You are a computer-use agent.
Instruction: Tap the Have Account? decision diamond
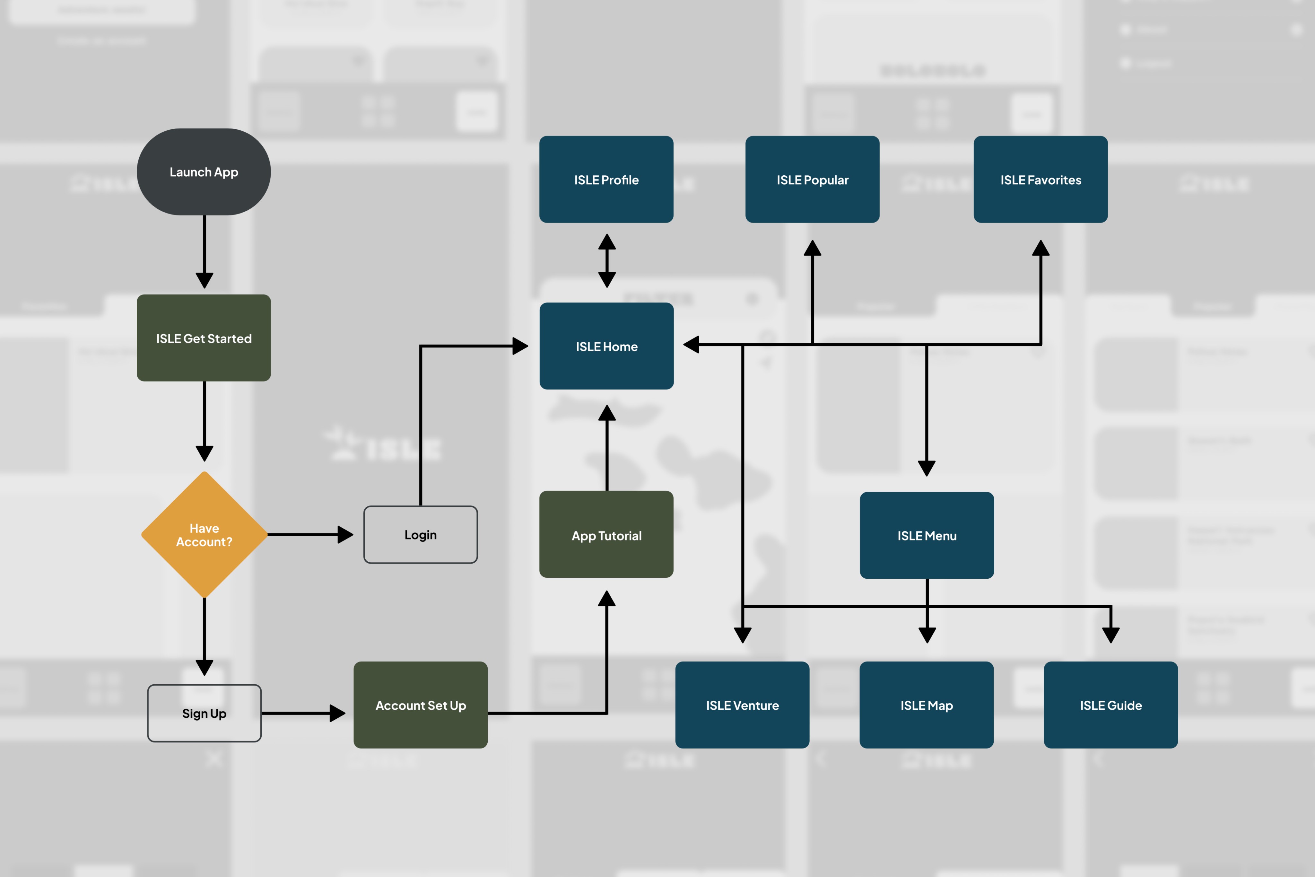[204, 535]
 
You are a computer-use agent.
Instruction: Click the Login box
[421, 535]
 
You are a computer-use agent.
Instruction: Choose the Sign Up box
[204, 713]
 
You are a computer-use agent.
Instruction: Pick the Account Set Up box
[421, 705]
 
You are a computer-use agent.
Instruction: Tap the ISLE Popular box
[812, 180]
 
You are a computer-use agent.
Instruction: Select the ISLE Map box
[927, 705]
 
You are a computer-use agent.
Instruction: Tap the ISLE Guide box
[1110, 705]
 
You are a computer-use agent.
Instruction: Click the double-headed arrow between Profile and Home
[607, 261]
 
